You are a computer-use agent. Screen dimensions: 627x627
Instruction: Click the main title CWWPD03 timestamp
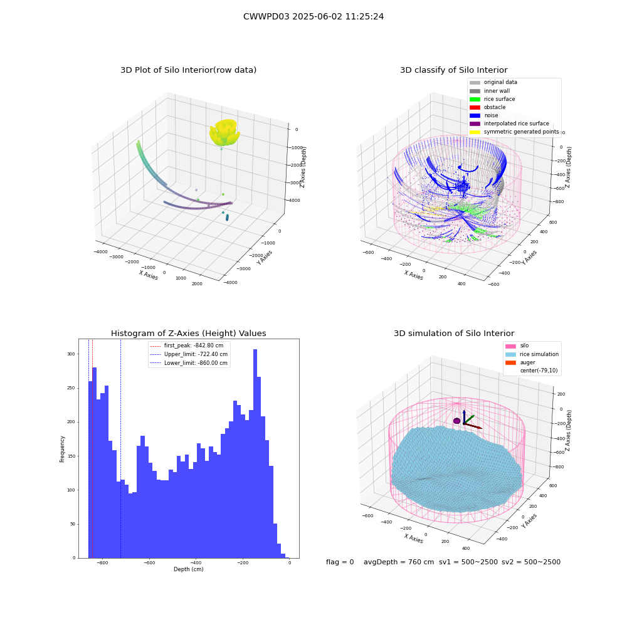[313, 16]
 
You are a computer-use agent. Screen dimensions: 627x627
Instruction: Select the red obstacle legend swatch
[475, 107]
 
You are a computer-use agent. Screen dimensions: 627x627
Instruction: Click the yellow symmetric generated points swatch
[475, 132]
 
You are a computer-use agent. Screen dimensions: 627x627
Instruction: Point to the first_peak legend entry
[186, 345]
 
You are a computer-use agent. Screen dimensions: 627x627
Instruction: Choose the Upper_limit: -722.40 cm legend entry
[188, 354]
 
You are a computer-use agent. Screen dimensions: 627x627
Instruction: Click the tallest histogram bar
[255, 453]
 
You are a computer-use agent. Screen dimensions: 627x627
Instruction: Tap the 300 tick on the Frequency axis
[71, 354]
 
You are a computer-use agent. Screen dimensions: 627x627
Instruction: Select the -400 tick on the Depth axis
[196, 562]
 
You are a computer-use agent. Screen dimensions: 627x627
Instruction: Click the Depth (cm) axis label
[188, 569]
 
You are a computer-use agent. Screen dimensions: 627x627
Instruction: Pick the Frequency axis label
[62, 449]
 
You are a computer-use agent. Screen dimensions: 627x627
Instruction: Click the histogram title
[188, 333]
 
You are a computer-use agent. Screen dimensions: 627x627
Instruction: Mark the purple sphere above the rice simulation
[456, 421]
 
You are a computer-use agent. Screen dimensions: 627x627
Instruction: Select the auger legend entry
[520, 362]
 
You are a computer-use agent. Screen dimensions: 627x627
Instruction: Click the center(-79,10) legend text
[539, 371]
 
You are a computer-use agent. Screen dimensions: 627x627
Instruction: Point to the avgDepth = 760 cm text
[399, 562]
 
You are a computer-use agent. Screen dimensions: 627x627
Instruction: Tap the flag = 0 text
[340, 562]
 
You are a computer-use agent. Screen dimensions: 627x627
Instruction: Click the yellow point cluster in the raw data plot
[224, 132]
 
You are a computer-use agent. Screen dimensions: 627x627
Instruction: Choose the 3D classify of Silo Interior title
[454, 70]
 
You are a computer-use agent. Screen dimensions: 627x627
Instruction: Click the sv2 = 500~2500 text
[531, 562]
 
